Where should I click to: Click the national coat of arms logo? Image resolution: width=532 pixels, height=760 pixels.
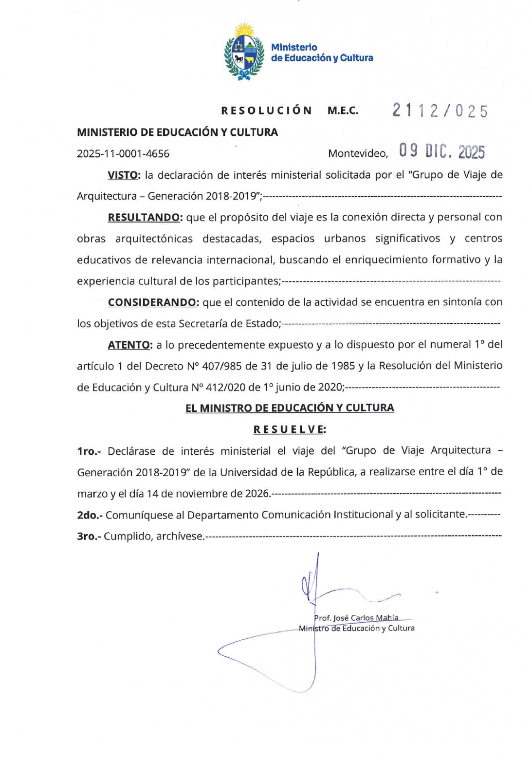(244, 52)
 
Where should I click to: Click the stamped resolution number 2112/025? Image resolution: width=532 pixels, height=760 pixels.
(440, 111)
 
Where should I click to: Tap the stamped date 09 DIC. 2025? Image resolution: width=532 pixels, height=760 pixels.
(442, 151)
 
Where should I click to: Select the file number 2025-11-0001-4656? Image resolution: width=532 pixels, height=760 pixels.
(123, 154)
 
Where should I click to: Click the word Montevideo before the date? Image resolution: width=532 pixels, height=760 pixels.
(358, 154)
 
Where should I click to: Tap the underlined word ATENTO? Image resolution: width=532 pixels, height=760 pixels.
(129, 345)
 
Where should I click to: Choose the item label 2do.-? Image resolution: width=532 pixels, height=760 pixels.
(90, 515)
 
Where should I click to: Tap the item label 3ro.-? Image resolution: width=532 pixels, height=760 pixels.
(89, 537)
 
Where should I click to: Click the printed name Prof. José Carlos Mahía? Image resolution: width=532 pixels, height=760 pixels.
(356, 618)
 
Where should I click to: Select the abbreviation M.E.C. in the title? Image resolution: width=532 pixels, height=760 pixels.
(343, 111)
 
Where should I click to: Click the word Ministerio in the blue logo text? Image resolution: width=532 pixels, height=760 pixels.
(294, 47)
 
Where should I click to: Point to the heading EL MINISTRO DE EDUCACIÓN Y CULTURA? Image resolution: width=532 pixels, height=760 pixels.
(290, 408)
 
